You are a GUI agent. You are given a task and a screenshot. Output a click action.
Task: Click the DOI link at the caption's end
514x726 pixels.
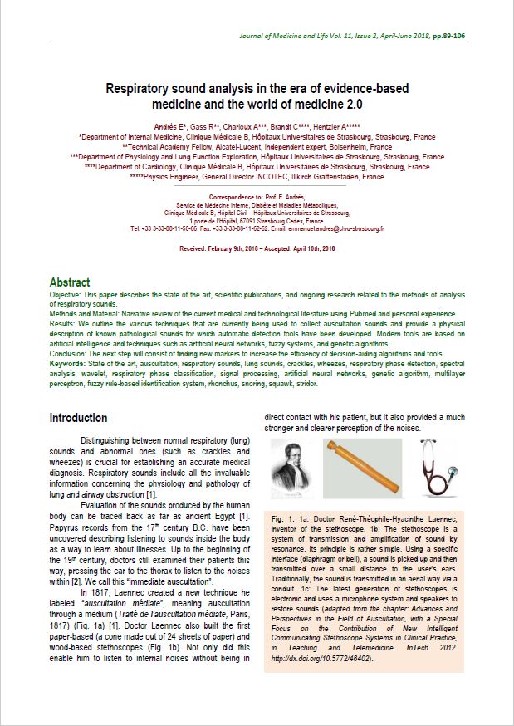point(321,659)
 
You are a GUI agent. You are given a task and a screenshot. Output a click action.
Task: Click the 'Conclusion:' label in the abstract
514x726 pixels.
point(70,353)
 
